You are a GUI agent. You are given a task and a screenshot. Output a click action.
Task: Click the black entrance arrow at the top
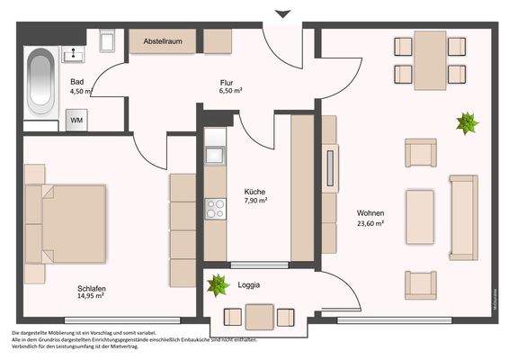point(283,14)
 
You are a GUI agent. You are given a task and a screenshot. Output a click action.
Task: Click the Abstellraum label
point(164,41)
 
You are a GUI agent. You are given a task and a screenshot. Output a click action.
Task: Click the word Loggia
point(249,285)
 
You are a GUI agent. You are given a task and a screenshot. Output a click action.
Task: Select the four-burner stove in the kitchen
point(216,209)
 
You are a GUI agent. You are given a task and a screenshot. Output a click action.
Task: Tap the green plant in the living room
point(466,122)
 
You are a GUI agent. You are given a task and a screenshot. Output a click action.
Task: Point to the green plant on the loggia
point(217,287)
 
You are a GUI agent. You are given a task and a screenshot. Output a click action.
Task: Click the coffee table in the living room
point(420,217)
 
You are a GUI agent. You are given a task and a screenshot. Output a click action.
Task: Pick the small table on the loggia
point(259,316)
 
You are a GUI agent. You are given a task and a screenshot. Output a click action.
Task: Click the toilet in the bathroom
point(106,41)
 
